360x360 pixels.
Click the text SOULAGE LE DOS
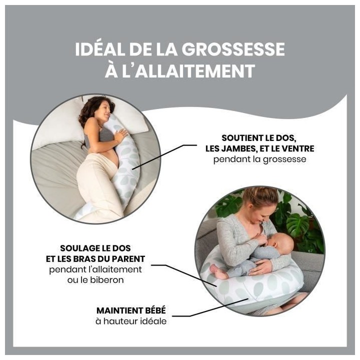pos(102,248)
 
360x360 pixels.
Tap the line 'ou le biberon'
pos(102,280)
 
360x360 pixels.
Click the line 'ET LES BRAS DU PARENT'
pos(102,259)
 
